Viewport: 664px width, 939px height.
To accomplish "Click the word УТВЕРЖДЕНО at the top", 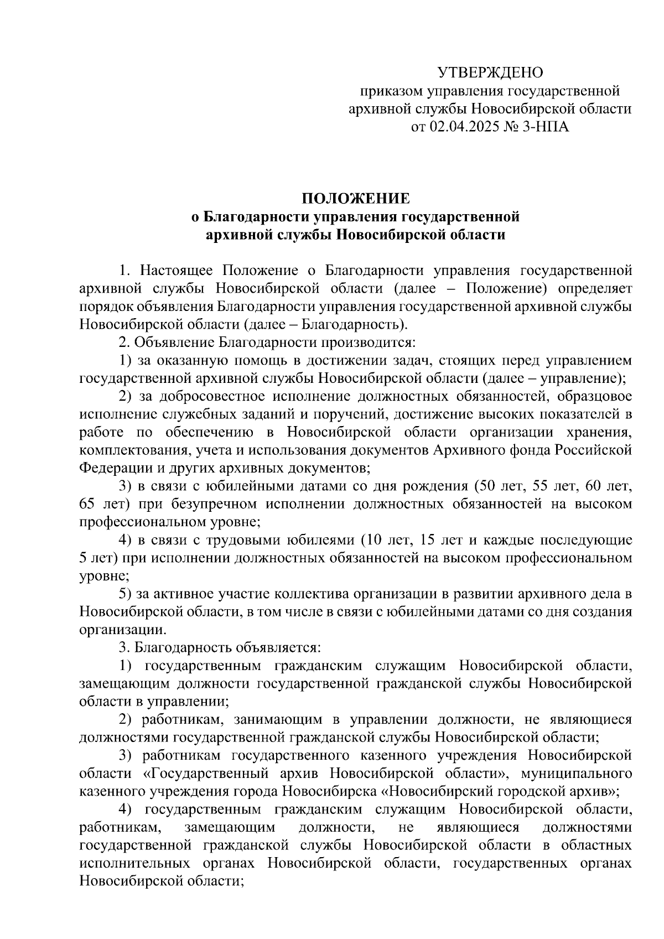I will pos(490,73).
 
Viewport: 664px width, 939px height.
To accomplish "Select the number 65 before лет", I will pos(88,504).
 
